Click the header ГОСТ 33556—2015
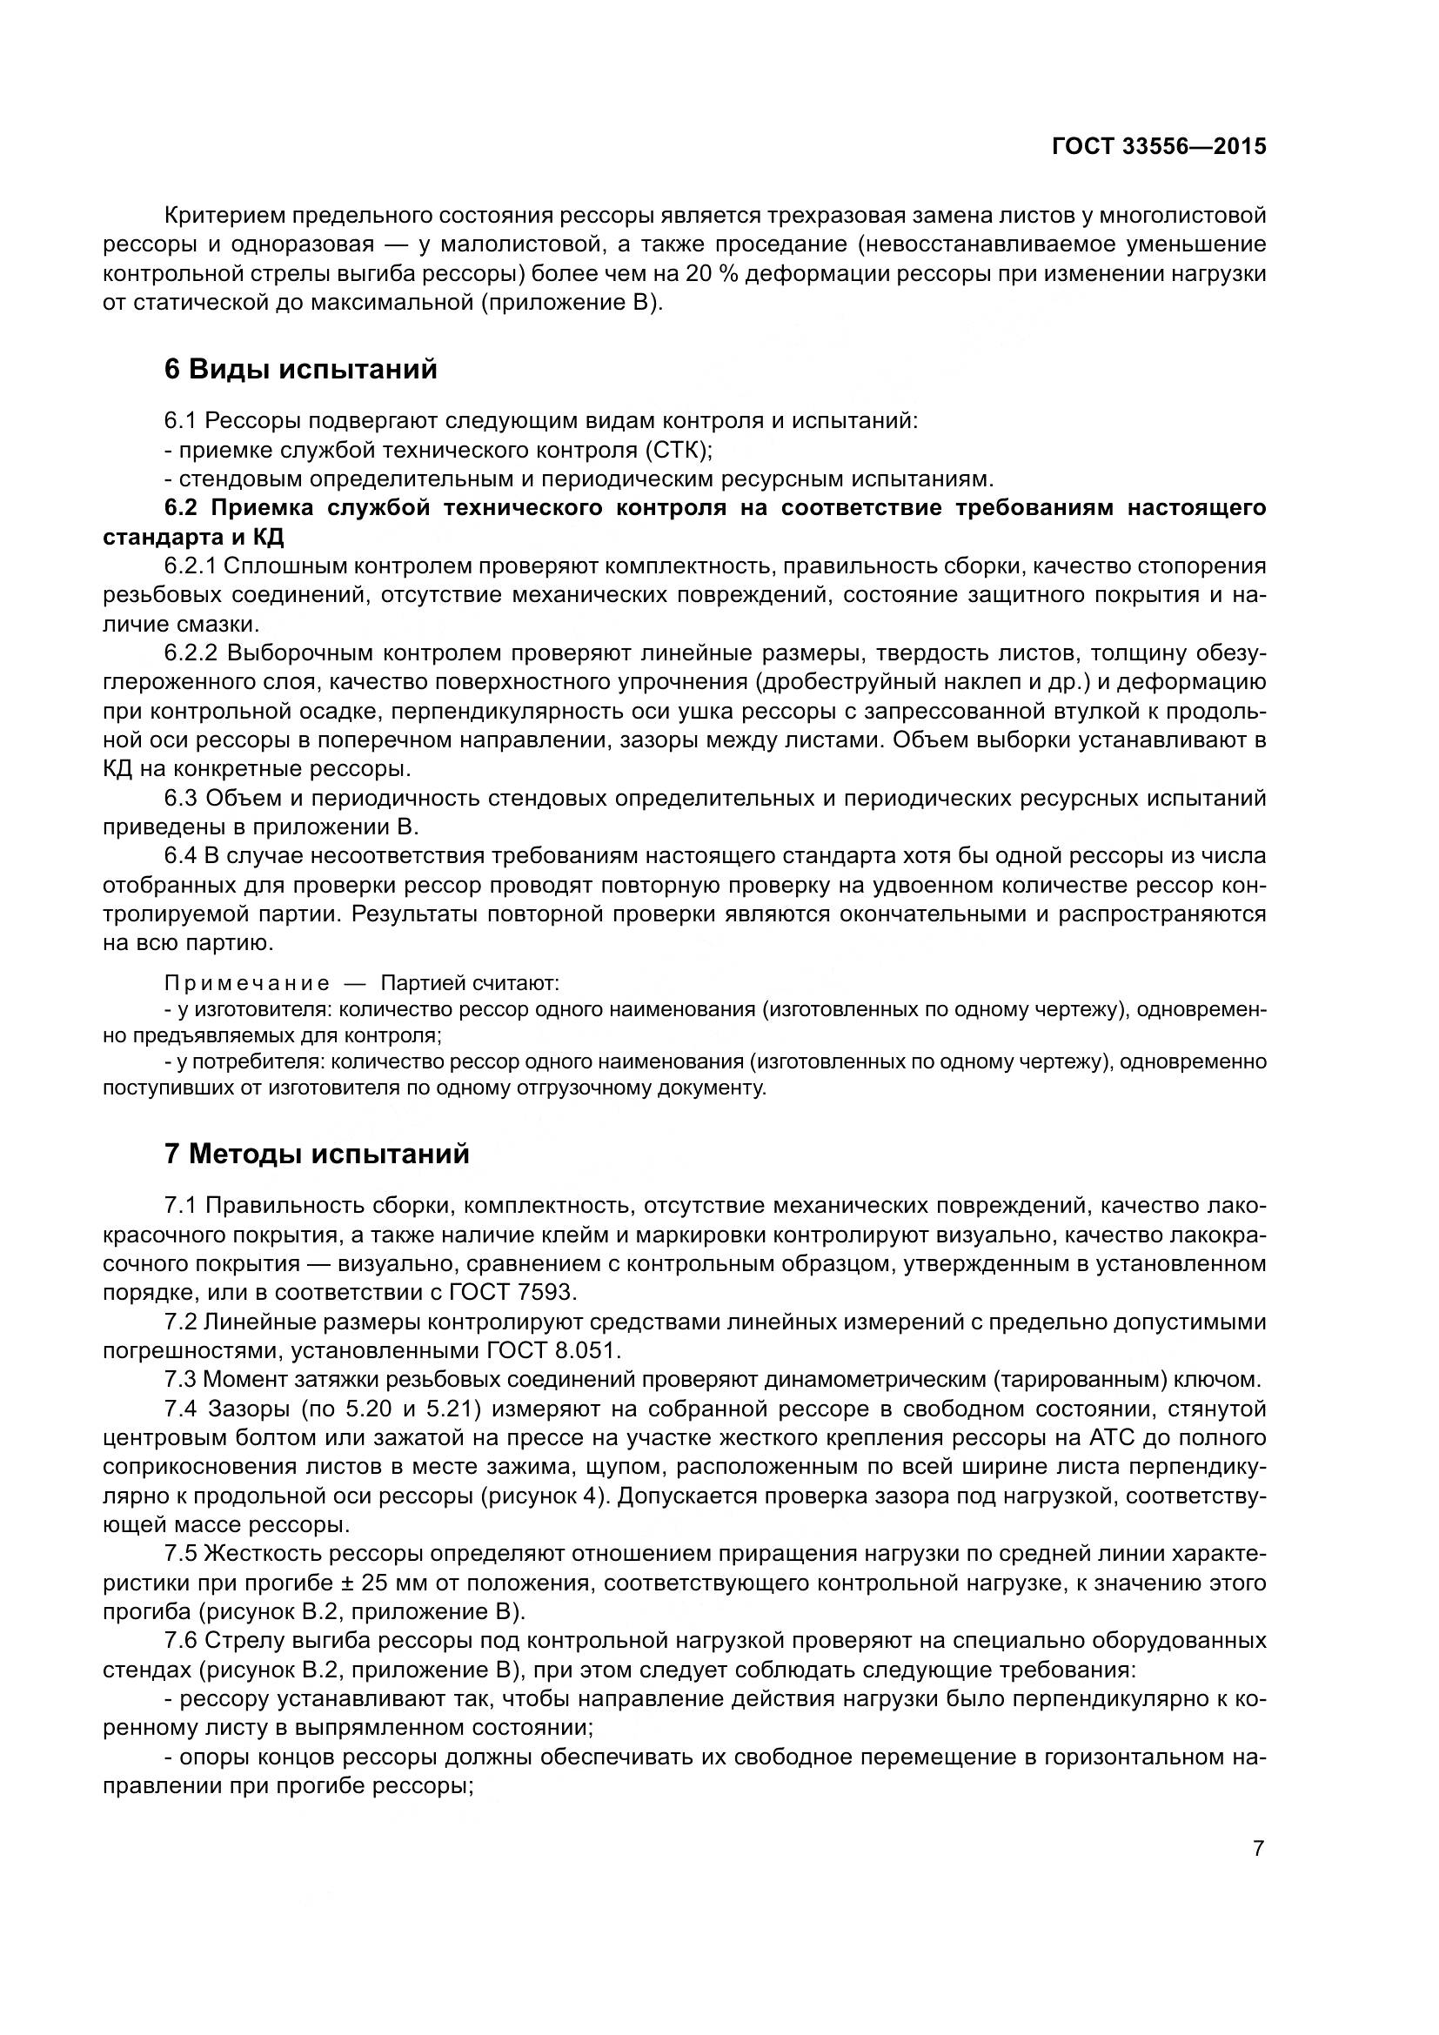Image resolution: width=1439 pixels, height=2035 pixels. [1158, 146]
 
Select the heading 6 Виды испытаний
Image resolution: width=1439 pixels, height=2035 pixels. [300, 369]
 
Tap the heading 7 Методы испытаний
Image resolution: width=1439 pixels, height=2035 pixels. [317, 1155]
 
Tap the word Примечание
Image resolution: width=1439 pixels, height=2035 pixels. [247, 984]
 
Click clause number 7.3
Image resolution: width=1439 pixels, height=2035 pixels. [181, 1379]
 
